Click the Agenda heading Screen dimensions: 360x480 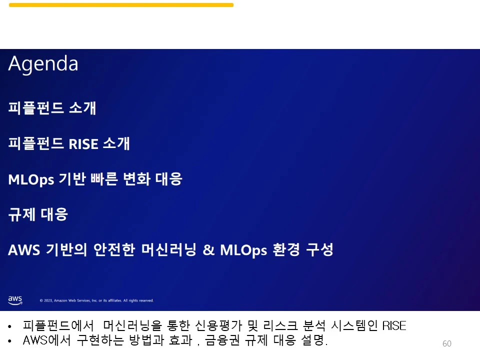(x=43, y=64)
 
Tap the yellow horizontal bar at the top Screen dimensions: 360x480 (x=121, y=5)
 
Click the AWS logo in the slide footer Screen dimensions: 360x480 (x=15, y=300)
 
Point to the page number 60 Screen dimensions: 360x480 (x=447, y=343)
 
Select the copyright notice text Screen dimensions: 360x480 (x=96, y=300)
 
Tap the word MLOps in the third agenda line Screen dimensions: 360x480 (x=31, y=179)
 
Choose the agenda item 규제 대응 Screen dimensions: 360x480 (x=38, y=214)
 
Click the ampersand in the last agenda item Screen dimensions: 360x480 (x=208, y=250)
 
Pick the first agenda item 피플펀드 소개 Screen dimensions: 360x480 (x=52, y=108)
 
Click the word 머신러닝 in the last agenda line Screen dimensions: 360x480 (x=169, y=250)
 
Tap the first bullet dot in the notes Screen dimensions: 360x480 (x=10, y=327)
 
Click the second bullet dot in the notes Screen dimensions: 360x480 (x=10, y=342)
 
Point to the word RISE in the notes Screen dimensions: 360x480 (x=394, y=326)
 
